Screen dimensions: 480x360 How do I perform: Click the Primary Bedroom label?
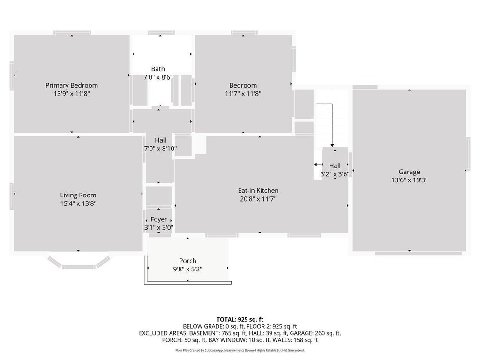[x=72, y=85]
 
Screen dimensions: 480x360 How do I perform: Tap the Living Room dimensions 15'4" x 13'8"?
[x=78, y=203]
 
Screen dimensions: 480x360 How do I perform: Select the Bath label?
[x=158, y=69]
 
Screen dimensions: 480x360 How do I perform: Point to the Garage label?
[x=409, y=172]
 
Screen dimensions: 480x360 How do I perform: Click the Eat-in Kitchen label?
[x=258, y=190]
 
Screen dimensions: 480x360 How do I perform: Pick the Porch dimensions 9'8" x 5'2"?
[x=187, y=269]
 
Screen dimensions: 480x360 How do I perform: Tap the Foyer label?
[x=158, y=219]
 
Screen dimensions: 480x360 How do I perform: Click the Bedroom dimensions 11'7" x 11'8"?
[x=243, y=94]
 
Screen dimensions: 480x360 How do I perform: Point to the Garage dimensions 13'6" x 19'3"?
[x=409, y=180]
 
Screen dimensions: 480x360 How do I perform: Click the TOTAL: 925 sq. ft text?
[x=240, y=320]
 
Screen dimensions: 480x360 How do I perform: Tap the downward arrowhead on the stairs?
[x=332, y=145]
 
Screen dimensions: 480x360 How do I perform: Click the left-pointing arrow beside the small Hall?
[x=318, y=165]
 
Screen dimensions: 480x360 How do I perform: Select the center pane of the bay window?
[x=78, y=267]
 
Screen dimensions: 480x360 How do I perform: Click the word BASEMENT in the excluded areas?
[x=204, y=333]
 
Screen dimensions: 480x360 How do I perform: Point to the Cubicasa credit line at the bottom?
[x=240, y=350]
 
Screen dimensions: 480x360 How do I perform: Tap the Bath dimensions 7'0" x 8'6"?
[x=158, y=77]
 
